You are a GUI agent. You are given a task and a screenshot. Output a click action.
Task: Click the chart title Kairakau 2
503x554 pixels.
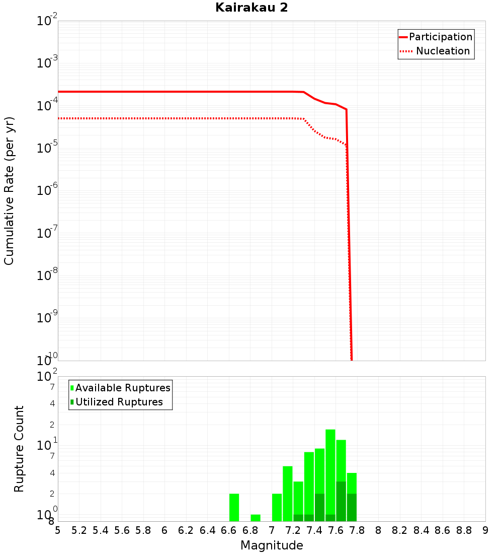point(251,8)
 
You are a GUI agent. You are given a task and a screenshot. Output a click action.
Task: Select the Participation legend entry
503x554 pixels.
point(440,37)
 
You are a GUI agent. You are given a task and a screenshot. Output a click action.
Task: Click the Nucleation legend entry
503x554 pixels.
point(442,51)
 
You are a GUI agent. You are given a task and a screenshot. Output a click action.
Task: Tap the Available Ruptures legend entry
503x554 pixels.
point(123,388)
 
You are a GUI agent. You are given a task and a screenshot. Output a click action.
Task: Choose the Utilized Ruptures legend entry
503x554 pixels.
point(119,402)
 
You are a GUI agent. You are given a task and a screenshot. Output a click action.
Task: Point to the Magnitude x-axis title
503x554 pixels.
point(272,545)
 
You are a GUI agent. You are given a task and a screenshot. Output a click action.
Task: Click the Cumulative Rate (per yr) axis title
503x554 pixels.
point(9,190)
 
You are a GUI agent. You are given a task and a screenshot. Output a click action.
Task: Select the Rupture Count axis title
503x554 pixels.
point(19,449)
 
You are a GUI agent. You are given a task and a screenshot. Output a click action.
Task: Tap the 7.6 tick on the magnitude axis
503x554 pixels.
point(336,530)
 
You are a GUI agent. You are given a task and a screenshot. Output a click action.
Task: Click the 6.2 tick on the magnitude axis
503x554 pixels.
point(186,530)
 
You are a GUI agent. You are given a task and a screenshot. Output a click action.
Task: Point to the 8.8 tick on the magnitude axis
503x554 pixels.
point(464,530)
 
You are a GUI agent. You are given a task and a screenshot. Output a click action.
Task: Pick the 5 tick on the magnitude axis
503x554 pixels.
point(58,530)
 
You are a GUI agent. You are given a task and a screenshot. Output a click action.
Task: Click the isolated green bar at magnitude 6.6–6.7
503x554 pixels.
point(234,508)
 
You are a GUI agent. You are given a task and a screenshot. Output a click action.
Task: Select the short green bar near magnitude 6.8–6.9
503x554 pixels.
point(256,518)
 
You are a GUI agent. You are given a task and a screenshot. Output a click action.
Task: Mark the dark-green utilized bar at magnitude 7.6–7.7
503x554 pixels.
point(341,502)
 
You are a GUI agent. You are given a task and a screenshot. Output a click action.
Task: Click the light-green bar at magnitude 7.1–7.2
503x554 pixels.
point(288,494)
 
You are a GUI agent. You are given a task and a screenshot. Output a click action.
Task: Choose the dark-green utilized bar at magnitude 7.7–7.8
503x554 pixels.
point(352,508)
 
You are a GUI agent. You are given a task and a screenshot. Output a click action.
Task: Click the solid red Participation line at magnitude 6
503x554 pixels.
point(164,92)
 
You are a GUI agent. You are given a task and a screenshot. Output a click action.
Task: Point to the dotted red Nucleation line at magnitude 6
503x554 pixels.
point(164,118)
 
